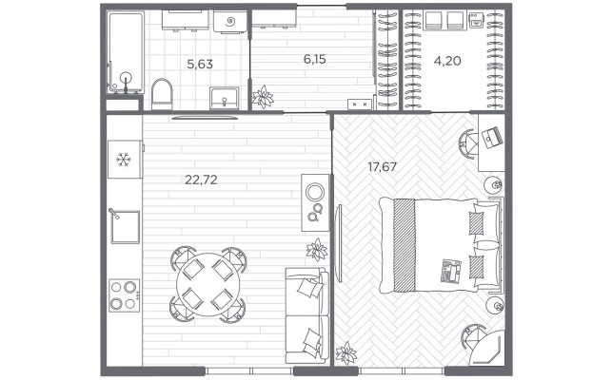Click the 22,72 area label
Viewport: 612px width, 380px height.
coord(201,180)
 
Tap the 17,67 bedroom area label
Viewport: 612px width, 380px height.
coord(382,167)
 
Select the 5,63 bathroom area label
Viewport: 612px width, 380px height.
coord(200,64)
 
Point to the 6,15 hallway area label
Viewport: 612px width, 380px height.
coord(315,59)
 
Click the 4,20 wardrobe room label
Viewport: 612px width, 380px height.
coord(447,61)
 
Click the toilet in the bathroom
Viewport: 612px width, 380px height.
coord(162,94)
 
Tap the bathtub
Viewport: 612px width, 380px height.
coord(126,52)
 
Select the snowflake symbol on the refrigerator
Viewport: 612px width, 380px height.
coord(124,159)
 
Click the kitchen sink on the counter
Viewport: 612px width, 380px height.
coord(126,227)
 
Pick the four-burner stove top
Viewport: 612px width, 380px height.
coord(124,295)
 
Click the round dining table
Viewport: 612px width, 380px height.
coord(208,284)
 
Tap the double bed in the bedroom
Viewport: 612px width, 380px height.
coord(441,245)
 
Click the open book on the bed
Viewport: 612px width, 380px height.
coord(451,271)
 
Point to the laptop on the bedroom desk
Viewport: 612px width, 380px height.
coord(493,137)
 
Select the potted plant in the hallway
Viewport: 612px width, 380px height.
coord(263,97)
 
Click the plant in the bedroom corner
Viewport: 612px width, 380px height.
coord(346,353)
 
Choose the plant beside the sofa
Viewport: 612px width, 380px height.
coord(317,250)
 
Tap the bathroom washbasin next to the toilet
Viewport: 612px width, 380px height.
coord(224,98)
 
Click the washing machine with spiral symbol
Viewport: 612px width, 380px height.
coord(230,21)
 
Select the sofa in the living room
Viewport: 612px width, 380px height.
coord(306,315)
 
